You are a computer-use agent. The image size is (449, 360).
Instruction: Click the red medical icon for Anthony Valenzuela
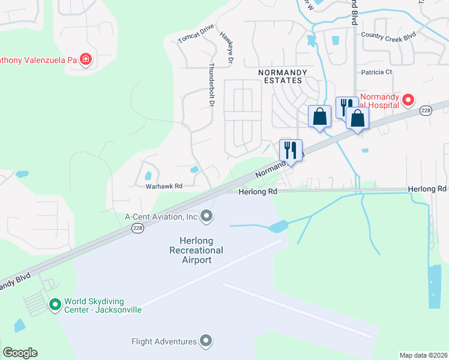pos(86,59)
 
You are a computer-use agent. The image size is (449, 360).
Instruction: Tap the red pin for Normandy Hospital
pos(409,100)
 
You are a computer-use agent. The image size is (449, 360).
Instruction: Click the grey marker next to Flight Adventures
pos(207,341)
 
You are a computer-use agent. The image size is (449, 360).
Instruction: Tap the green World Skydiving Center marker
pos(55,305)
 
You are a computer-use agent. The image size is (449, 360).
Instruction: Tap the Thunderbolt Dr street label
pos(211,85)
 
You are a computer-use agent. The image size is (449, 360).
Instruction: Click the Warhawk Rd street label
pos(164,186)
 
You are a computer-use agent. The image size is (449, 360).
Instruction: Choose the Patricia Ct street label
pos(376,72)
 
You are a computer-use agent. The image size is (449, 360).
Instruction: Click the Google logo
pos(20,353)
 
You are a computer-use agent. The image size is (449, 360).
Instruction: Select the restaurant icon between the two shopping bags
pos(346,106)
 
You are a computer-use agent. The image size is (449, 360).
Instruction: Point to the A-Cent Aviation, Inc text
pos(161,217)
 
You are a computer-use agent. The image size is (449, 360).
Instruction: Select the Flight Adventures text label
pos(164,341)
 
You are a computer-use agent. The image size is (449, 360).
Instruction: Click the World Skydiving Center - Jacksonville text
pos(103,305)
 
